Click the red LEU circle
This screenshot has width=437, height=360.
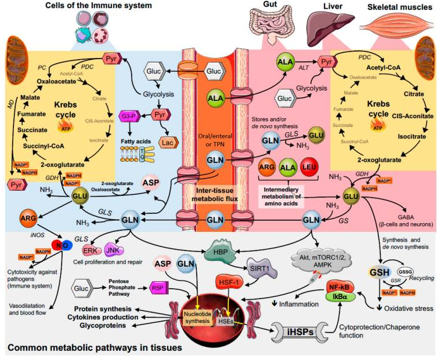[311, 169]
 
